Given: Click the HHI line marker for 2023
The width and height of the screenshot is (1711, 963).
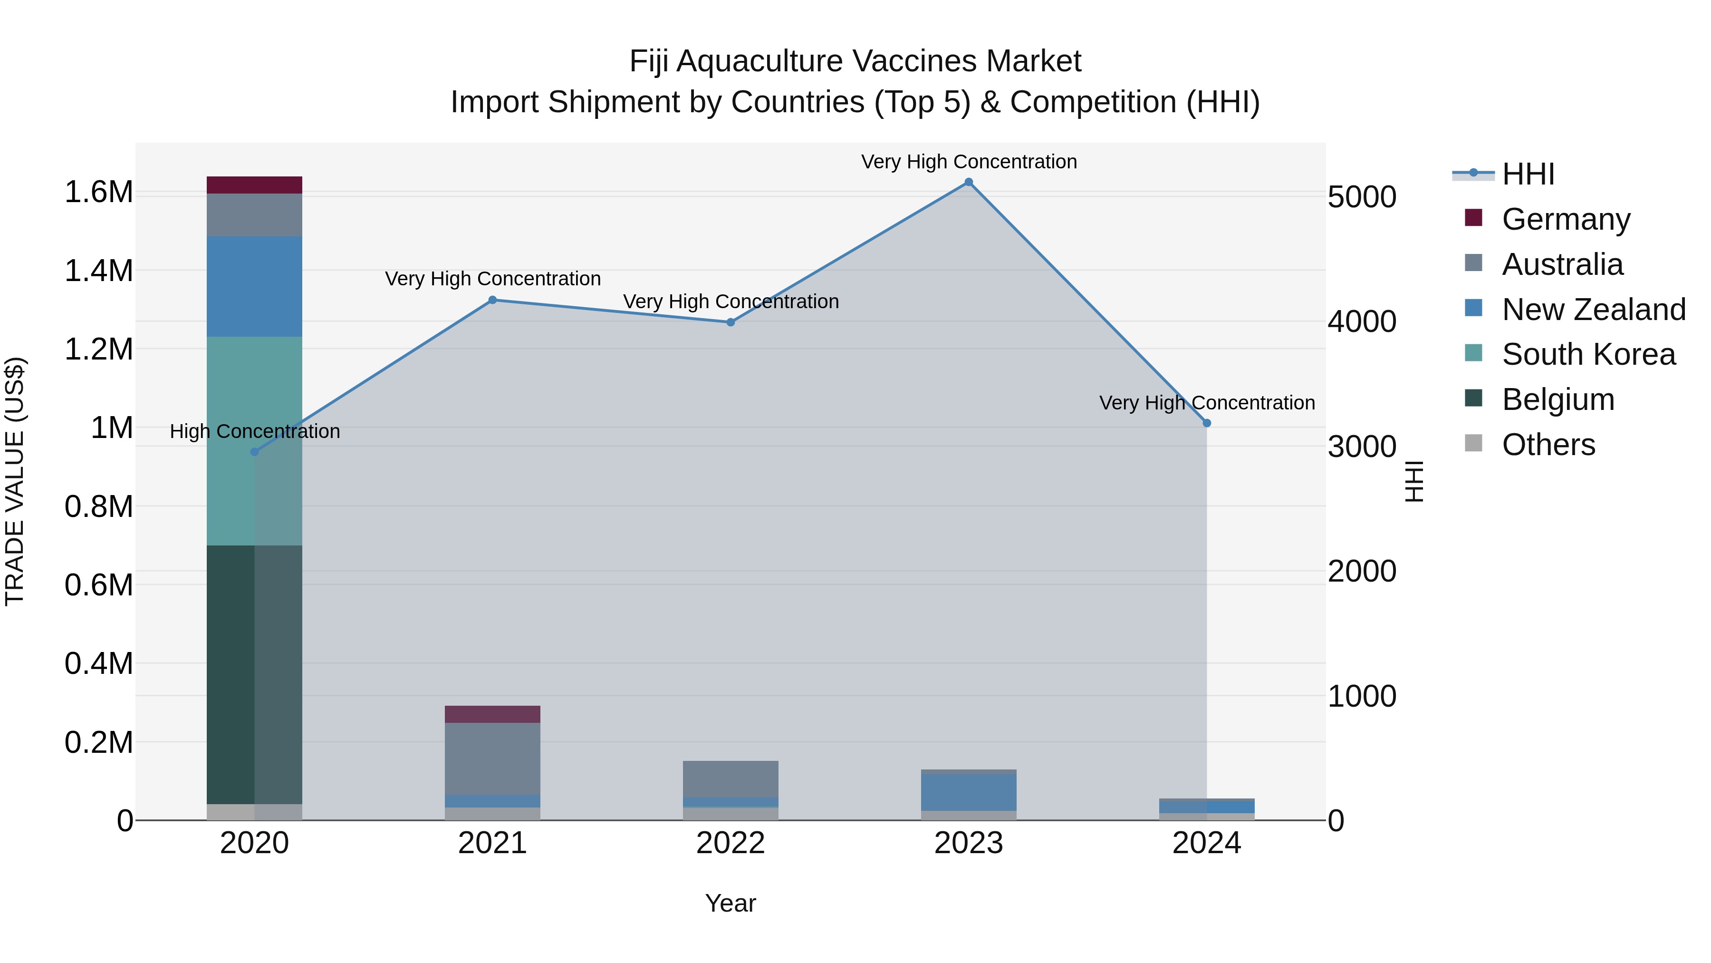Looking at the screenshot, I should coord(969,182).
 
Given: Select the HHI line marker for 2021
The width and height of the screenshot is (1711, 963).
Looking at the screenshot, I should coord(492,300).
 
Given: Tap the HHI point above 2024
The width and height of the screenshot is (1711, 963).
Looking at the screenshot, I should coord(1207,423).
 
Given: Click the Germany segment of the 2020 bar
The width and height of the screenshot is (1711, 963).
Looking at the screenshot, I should coord(254,185).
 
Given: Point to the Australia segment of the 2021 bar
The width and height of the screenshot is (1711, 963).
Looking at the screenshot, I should coord(492,759).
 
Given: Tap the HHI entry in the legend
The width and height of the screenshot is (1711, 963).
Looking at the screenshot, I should coord(1528,174).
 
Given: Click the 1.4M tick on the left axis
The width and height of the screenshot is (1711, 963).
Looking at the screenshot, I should coord(98,271).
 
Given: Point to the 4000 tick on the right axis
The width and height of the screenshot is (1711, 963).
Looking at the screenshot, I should coord(1362,321).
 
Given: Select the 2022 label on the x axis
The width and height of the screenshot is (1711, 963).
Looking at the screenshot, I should coord(730,843).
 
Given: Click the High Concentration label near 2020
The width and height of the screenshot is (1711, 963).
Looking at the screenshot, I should coord(254,431).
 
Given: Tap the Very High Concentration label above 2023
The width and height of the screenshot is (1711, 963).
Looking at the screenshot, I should coord(969,162).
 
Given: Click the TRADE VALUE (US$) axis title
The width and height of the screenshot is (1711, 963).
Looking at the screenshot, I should coord(15,481).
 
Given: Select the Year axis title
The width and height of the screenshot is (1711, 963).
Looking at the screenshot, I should coord(730,903).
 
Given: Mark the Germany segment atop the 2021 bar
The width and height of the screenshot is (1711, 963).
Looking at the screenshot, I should coord(492,714).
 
